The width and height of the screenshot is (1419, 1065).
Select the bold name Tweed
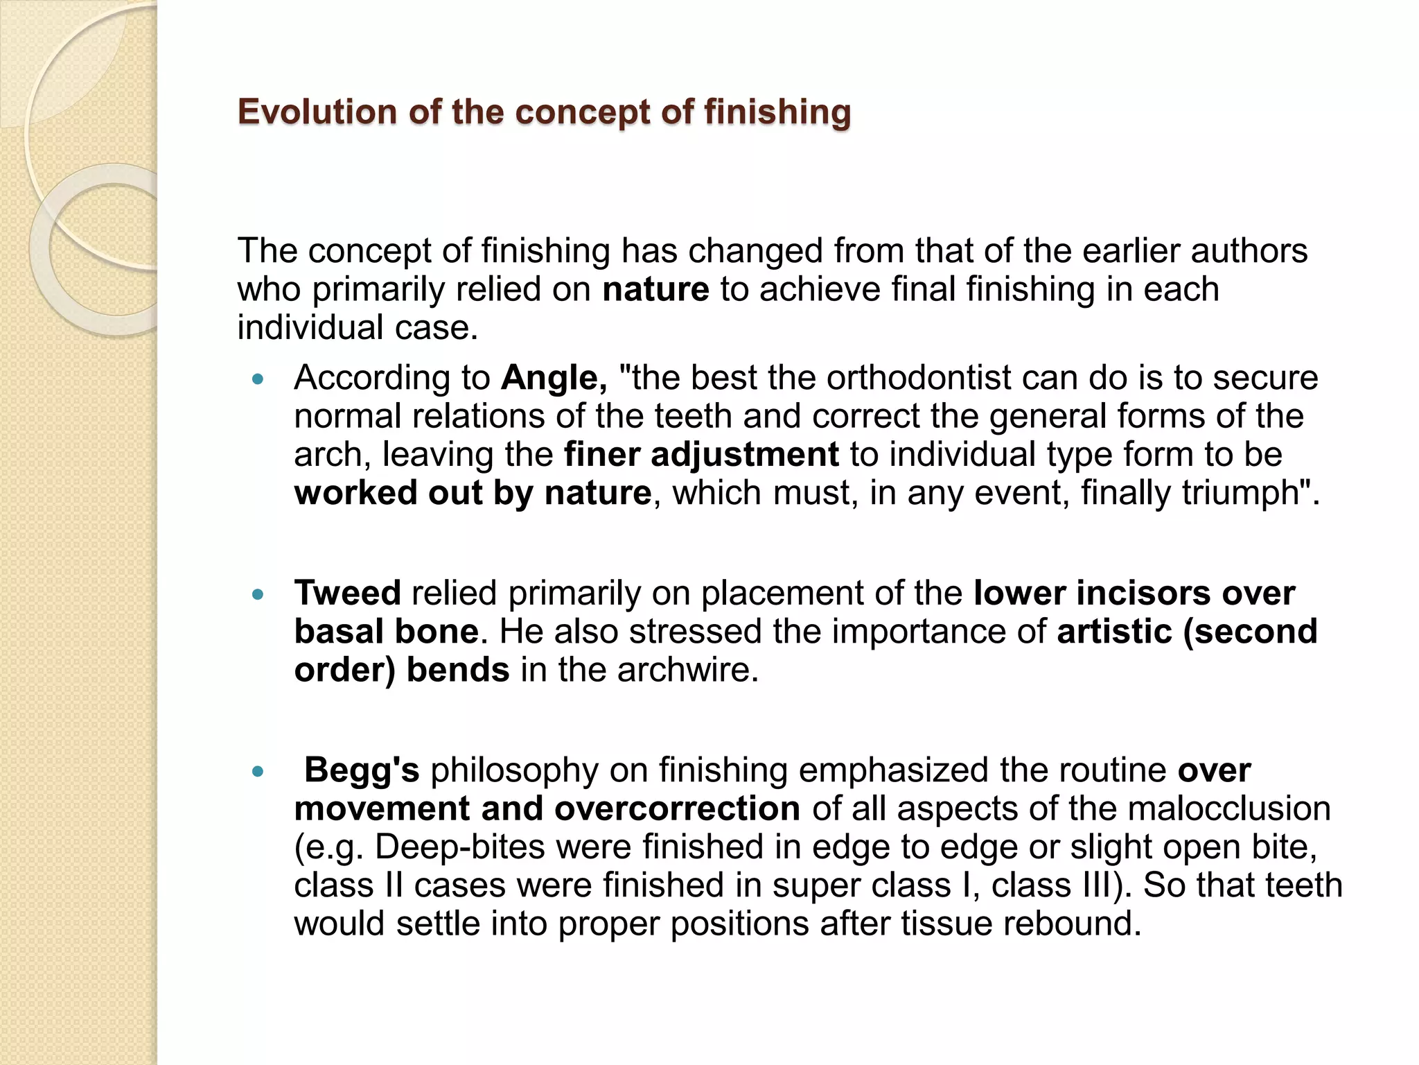pyautogui.click(x=347, y=594)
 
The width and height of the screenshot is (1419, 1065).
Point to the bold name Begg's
pyautogui.click(x=362, y=770)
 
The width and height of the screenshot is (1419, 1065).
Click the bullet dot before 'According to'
pyautogui.click(x=258, y=379)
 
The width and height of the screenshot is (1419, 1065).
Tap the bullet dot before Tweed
pyautogui.click(x=258, y=594)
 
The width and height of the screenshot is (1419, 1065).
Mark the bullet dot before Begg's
pyautogui.click(x=258, y=771)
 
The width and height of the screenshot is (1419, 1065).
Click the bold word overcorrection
pyautogui.click(x=677, y=809)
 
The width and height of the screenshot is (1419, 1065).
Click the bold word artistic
pyautogui.click(x=1113, y=632)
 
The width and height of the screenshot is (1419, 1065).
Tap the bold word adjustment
pyautogui.click(x=744, y=455)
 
